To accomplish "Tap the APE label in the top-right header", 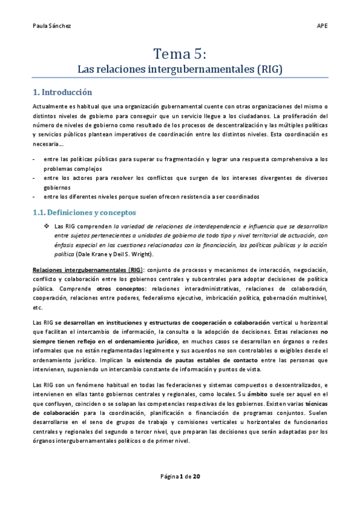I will [322, 26].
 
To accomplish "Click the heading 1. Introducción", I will [63, 93].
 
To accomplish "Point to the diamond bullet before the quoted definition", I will [46, 226].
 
